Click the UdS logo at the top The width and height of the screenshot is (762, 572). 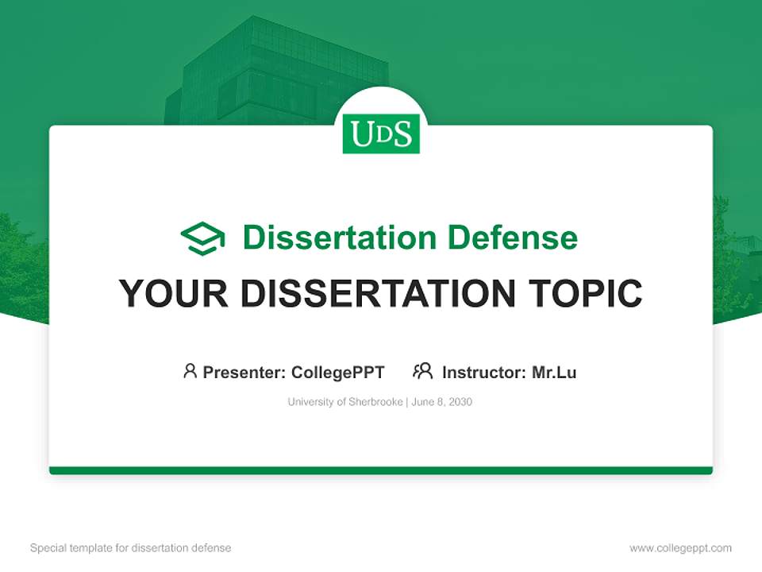coord(381,133)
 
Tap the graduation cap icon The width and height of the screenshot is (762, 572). coord(202,238)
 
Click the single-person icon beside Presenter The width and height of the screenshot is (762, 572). coord(190,371)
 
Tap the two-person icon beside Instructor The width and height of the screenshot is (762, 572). coord(422,371)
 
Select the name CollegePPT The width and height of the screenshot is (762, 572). coord(337,372)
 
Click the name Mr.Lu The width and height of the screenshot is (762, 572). coord(554,372)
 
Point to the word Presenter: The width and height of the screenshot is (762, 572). coord(244,372)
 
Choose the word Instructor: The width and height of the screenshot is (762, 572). coord(484,372)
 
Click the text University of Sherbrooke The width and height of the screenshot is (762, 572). coord(344,402)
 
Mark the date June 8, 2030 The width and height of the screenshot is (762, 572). coord(442,402)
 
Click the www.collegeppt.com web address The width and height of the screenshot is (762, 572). coord(680,548)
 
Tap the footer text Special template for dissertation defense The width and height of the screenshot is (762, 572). coord(130,548)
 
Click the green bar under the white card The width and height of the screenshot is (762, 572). coord(381,470)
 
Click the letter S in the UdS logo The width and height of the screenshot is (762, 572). coord(402,134)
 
